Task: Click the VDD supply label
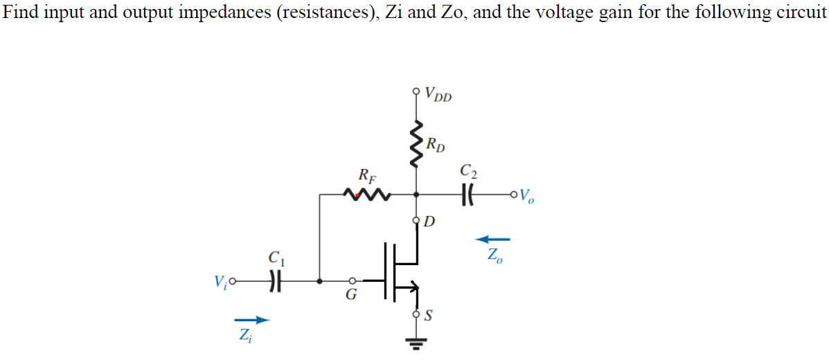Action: [438, 93]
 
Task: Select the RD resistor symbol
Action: [416, 145]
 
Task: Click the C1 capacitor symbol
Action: [276, 282]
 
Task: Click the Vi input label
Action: [222, 282]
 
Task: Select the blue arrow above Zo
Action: [492, 239]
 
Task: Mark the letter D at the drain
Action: [429, 222]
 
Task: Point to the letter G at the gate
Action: [351, 296]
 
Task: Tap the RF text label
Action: [364, 175]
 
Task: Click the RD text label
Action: [436, 145]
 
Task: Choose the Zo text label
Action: [494, 255]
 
